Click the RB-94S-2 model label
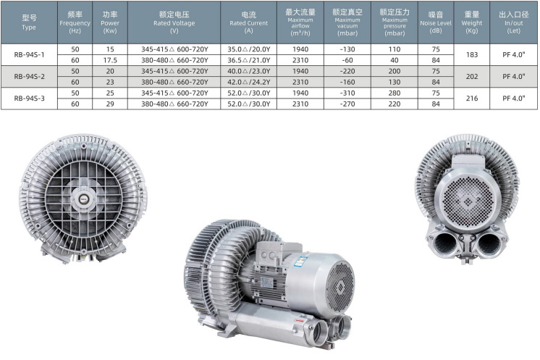(x=29, y=77)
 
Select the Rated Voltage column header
(x=174, y=22)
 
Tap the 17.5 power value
(x=110, y=60)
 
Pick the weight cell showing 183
(x=472, y=55)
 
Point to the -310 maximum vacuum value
(x=347, y=93)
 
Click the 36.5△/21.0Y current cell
(x=249, y=60)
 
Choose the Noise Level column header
(x=436, y=22)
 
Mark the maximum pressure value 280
(x=395, y=93)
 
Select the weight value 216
(x=472, y=99)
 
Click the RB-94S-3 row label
(x=29, y=99)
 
